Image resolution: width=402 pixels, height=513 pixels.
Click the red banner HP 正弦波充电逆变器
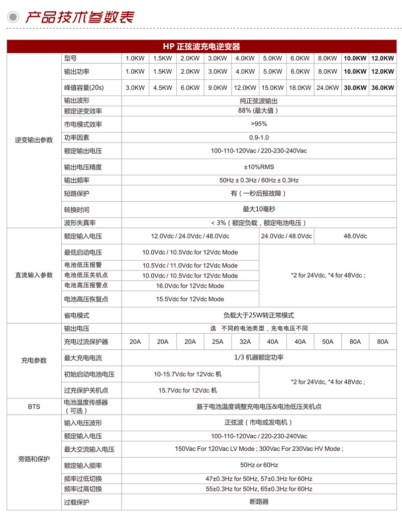201,47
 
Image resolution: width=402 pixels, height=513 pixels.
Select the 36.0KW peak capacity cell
382,87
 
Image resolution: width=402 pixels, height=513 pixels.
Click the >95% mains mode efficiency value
259,124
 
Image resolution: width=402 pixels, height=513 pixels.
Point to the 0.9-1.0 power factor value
259,138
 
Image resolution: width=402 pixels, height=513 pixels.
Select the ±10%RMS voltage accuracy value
259,167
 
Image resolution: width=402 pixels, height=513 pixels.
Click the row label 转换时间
76,209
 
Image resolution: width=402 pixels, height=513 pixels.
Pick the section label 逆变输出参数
34,140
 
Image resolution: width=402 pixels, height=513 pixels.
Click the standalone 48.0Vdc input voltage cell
355,236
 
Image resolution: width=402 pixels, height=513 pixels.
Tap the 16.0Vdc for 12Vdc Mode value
190,286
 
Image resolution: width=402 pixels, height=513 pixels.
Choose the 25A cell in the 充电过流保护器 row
218,342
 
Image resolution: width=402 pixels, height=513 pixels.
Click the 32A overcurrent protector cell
245,342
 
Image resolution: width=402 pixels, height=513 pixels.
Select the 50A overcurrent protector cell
328,342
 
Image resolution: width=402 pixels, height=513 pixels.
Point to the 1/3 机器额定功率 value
259,357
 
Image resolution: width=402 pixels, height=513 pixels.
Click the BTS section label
34,406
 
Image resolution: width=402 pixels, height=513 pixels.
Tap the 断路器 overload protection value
259,501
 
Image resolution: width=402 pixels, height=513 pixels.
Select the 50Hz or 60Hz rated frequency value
259,465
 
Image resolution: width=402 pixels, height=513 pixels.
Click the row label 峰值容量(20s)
83,87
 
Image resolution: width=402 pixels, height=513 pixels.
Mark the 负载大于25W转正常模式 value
259,315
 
